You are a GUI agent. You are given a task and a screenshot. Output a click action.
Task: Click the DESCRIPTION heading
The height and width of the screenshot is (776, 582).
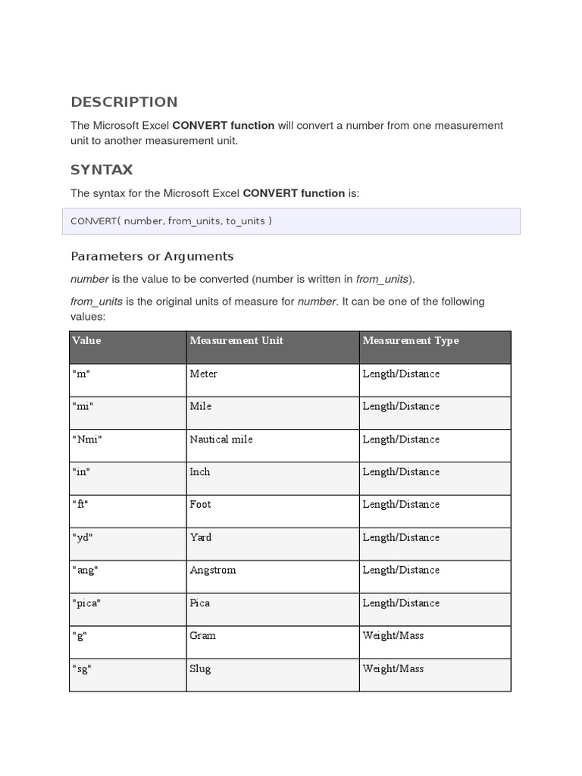click(x=124, y=102)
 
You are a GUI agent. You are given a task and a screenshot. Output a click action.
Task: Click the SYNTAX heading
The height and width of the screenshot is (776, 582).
click(x=102, y=170)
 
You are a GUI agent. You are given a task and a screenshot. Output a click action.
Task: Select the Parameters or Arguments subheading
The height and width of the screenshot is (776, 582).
click(x=152, y=256)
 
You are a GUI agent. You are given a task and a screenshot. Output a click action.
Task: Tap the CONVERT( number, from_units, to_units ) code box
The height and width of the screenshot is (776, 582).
click(x=295, y=221)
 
